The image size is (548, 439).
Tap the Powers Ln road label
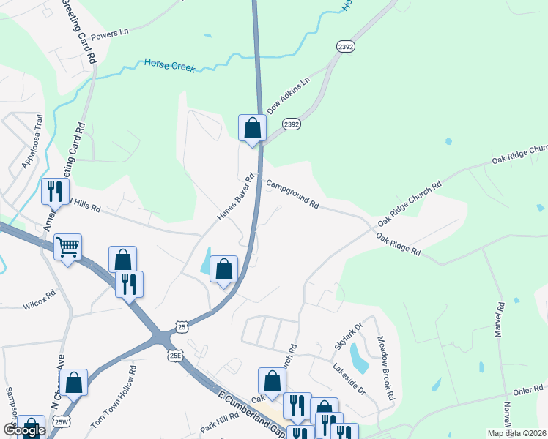[x=110, y=34]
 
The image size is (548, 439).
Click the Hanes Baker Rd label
[x=235, y=196]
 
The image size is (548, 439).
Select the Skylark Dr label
[x=348, y=335]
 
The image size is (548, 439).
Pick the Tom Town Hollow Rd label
[x=114, y=397]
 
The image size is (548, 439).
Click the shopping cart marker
[x=67, y=247]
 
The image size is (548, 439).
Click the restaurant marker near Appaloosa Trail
[x=54, y=192]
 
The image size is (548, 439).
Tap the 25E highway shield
[x=175, y=356]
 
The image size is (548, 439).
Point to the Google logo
[x=25, y=431]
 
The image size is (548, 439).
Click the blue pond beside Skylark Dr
[x=358, y=357]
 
